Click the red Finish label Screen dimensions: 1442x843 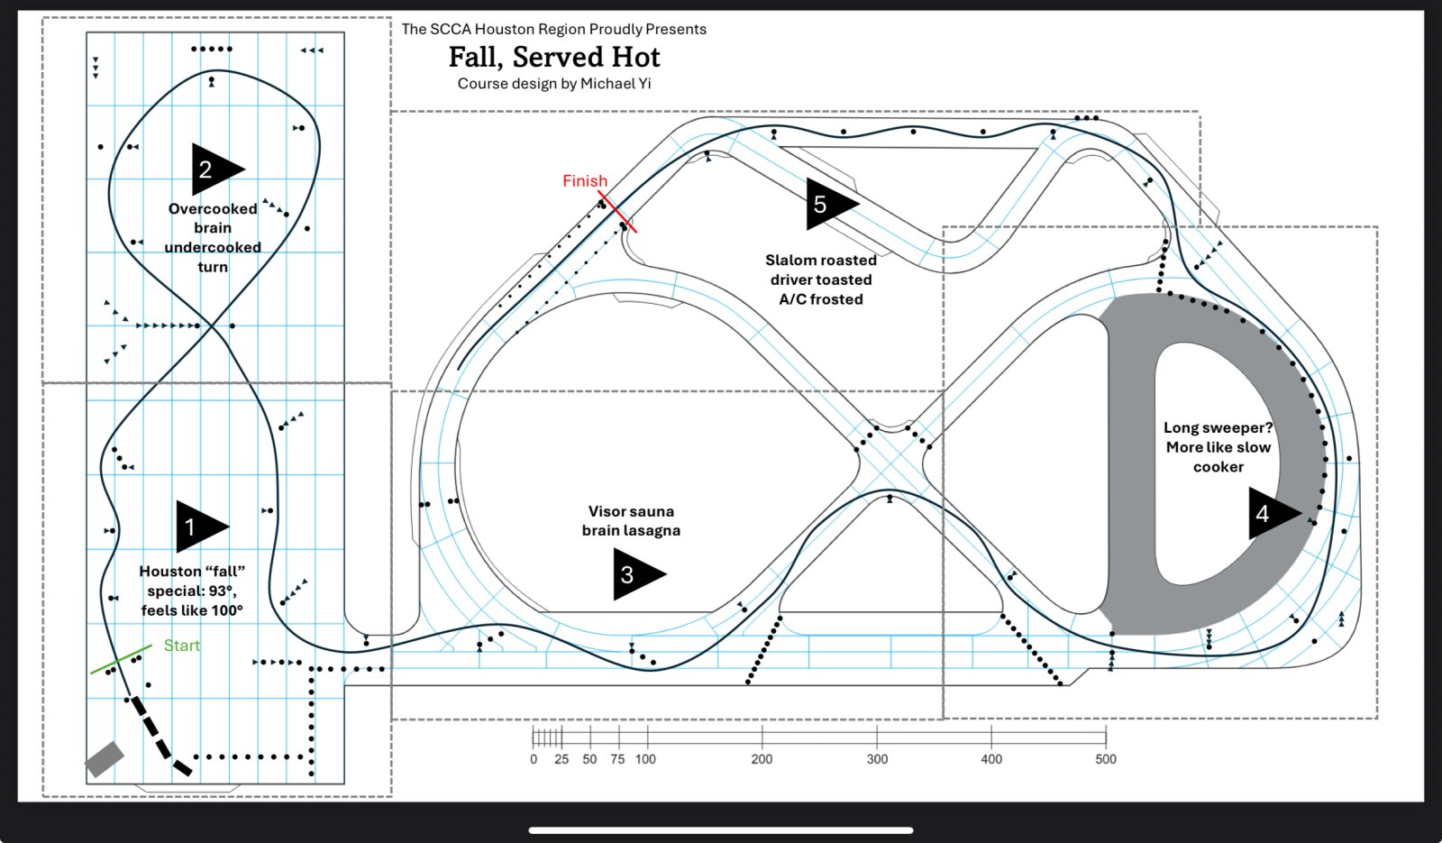(585, 181)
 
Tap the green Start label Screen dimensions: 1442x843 (181, 646)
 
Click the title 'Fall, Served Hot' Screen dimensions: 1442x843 (554, 57)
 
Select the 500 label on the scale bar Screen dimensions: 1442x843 (1105, 759)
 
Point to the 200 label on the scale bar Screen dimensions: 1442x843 (762, 759)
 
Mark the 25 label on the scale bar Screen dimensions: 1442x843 (561, 759)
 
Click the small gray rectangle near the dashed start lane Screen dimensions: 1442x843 (105, 759)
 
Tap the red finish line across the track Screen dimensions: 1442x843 (617, 211)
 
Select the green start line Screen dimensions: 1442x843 (121, 659)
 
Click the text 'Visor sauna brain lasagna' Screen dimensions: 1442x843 (631, 520)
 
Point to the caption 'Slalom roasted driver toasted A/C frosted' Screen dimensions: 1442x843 (821, 279)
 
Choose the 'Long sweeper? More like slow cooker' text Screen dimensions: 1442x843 (1218, 447)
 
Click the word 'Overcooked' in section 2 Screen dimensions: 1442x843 (213, 208)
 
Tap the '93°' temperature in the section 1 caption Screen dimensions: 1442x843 (222, 591)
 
